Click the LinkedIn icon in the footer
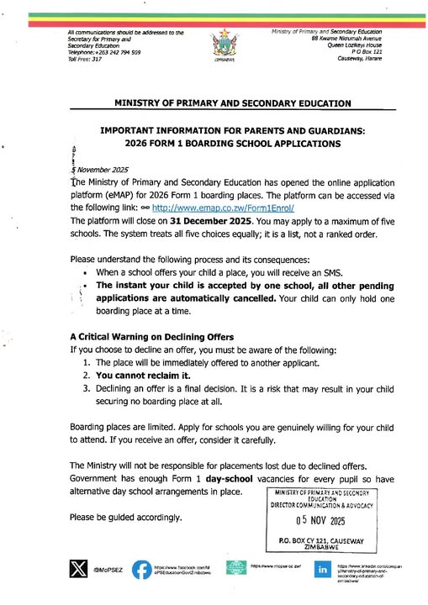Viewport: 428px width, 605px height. coord(321,569)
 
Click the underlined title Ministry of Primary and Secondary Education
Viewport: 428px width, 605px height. coord(221,104)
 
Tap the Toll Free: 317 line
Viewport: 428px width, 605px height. coord(85,60)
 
